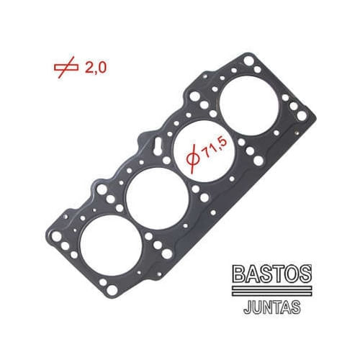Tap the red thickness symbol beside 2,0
click(x=67, y=68)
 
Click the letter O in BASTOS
click(x=294, y=274)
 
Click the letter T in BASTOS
click(x=281, y=274)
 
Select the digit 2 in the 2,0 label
click(x=89, y=68)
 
